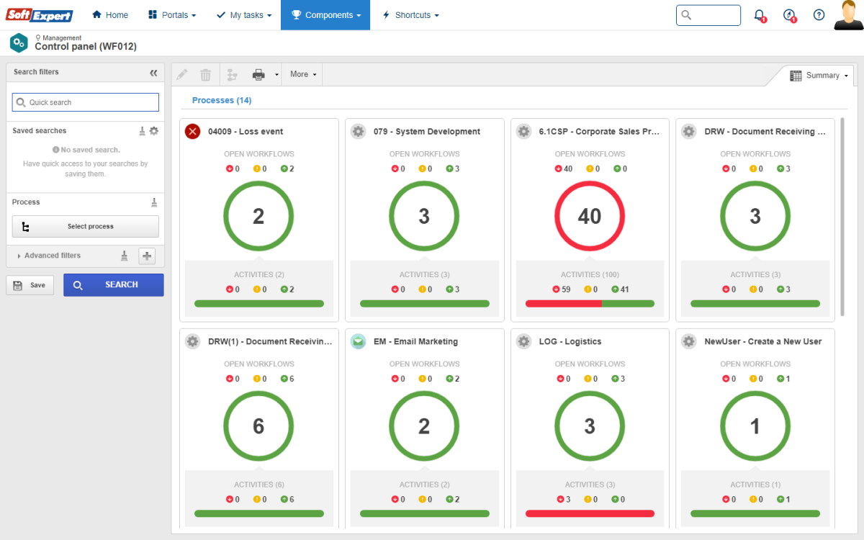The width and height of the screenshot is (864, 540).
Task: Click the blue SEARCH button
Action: [x=113, y=284]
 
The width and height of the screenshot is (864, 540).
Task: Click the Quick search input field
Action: [x=86, y=102]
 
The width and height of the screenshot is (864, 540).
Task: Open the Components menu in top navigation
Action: [x=325, y=15]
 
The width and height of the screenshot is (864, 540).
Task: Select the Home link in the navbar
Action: [x=110, y=15]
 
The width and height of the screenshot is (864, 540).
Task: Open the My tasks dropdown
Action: [x=244, y=15]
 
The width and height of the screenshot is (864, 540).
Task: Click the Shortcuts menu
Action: [x=410, y=15]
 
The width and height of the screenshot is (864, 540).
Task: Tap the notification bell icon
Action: [x=759, y=15]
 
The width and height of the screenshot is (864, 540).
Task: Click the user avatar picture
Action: [x=848, y=15]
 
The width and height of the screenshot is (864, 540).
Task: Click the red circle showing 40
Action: [x=590, y=216]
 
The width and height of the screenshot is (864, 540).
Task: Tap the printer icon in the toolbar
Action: [x=258, y=74]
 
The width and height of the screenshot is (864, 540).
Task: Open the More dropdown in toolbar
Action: [x=302, y=74]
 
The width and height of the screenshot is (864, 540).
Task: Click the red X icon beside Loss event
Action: [x=192, y=131]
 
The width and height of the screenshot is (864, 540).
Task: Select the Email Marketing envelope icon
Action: [x=358, y=341]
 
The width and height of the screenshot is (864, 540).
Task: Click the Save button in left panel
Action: [x=30, y=285]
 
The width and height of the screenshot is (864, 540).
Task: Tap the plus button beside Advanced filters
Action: [x=147, y=256]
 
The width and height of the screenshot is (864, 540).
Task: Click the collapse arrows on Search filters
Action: [x=153, y=73]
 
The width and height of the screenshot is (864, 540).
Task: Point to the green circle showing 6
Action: [x=258, y=426]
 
